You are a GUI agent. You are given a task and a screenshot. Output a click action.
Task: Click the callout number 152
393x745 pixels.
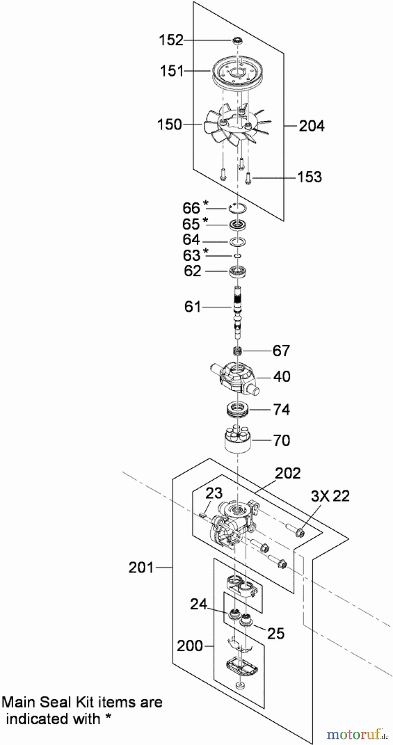[171, 40]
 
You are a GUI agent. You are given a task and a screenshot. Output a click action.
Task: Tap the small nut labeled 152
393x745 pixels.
[237, 40]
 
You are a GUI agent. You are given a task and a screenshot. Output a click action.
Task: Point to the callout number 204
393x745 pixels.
[311, 125]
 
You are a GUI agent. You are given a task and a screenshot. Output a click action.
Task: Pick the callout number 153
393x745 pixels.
[309, 177]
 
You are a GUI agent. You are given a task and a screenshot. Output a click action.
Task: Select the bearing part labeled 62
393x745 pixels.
[238, 272]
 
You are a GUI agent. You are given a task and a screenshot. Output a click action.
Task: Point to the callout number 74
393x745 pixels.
[282, 410]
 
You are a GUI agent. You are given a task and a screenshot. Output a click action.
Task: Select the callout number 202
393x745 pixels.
[288, 473]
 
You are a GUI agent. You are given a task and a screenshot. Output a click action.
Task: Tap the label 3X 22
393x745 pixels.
[330, 496]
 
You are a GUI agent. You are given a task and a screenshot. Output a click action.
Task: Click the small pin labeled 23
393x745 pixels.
[203, 515]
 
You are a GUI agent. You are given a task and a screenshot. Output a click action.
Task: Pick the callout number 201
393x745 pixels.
[141, 567]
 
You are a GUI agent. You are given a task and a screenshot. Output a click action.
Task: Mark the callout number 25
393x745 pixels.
[276, 633]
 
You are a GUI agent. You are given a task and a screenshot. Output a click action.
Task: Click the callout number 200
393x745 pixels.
[190, 646]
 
